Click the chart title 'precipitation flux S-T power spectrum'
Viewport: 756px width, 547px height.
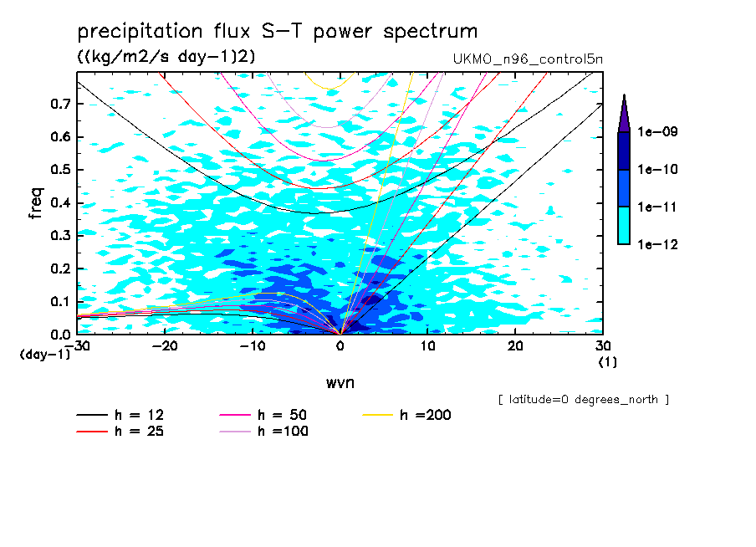click(278, 32)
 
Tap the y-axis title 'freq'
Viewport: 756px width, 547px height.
click(36, 203)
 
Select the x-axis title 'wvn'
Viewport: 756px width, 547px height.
click(339, 383)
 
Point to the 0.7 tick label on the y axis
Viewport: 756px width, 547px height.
click(60, 104)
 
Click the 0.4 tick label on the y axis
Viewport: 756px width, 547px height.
click(60, 202)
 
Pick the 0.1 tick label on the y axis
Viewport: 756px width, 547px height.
click(60, 301)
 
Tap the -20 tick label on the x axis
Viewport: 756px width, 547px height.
click(165, 345)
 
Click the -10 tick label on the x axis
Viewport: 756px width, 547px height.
click(252, 345)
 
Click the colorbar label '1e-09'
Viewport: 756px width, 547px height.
click(658, 132)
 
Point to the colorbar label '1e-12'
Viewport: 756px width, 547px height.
click(658, 244)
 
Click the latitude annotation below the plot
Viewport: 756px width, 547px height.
click(583, 400)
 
